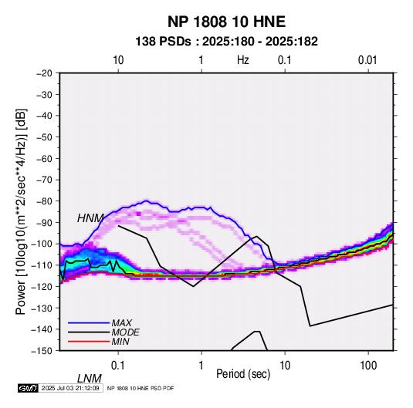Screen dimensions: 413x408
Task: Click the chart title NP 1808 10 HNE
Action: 226,22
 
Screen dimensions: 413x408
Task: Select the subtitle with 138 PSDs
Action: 226,42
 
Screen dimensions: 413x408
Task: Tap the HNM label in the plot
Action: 90,218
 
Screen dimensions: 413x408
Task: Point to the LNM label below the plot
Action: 90,379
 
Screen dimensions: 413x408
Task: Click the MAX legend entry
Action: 122,322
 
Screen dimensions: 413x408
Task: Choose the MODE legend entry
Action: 125,332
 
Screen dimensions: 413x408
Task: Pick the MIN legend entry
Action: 120,342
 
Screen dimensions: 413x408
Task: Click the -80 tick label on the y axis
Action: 44,201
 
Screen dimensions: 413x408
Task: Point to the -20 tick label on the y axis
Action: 44,73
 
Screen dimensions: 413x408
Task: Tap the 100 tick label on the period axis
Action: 368,366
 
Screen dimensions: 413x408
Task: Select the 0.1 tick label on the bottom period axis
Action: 118,366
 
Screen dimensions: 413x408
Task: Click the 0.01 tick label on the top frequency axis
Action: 367,60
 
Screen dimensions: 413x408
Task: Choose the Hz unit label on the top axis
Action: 243,60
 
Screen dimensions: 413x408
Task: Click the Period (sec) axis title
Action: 243,374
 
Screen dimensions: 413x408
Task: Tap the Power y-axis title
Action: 21,211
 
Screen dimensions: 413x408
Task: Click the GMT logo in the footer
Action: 28,388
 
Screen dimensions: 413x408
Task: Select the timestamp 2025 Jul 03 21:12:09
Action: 70,388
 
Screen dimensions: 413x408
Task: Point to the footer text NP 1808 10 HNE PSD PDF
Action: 140,388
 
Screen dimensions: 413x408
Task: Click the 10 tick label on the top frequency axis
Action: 118,60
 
